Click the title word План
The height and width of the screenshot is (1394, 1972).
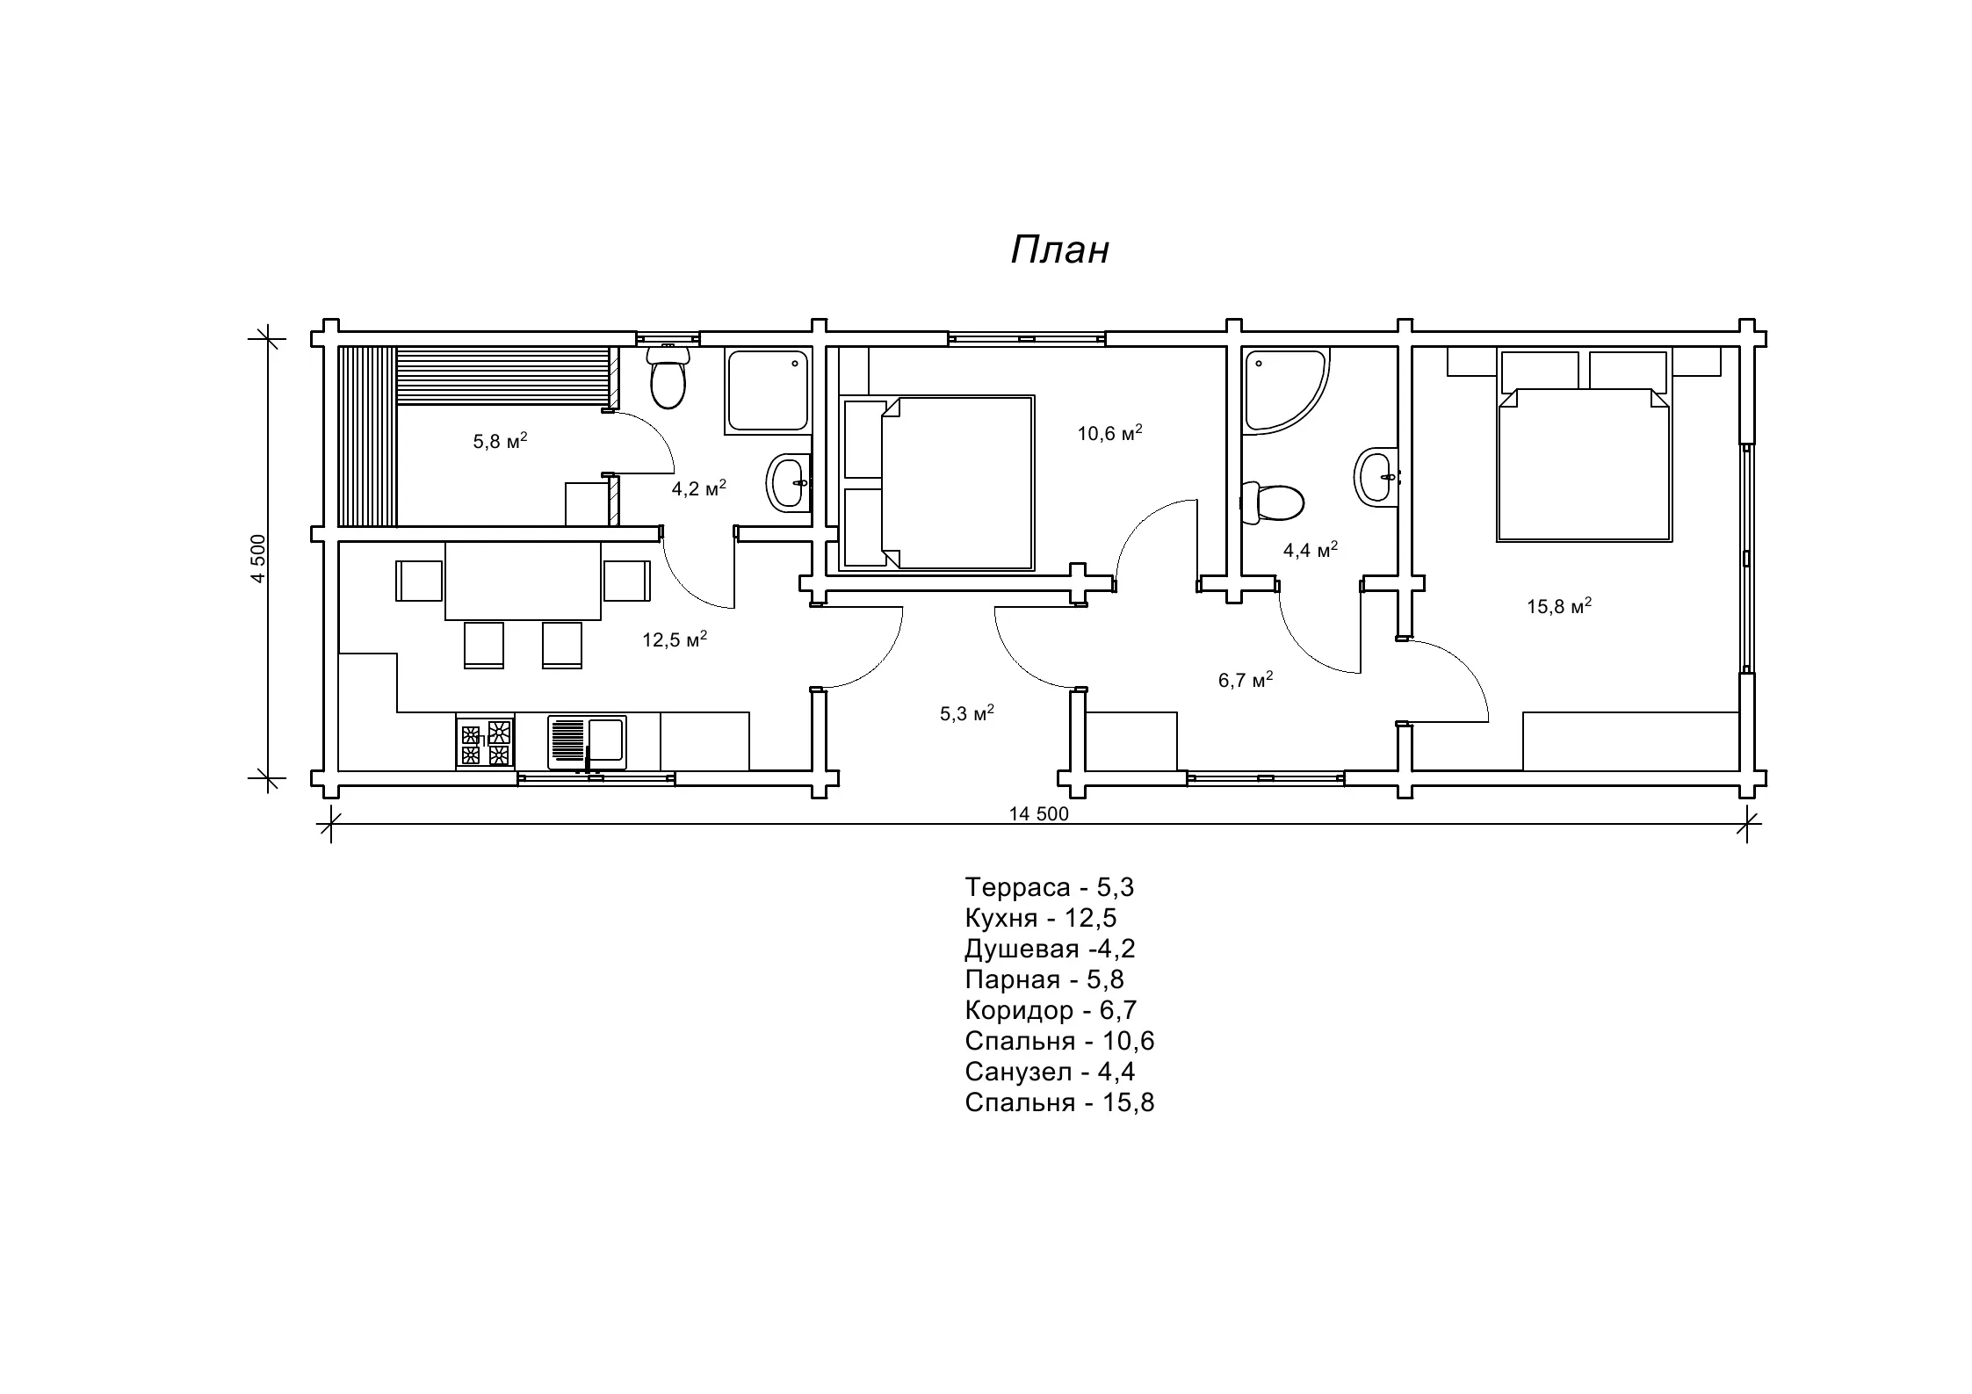1059,249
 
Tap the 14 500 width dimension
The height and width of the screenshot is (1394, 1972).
1039,814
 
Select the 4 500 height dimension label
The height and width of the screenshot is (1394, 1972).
257,559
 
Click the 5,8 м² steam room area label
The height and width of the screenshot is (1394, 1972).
501,440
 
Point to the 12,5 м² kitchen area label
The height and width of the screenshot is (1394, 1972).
675,639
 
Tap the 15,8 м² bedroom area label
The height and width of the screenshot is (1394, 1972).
1559,605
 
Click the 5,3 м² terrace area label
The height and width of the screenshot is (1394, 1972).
967,712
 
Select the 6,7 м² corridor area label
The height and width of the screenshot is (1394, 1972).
1246,679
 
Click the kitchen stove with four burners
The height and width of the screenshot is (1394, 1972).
486,743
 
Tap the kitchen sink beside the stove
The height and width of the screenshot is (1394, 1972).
587,742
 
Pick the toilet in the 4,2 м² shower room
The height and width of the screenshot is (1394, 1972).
668,377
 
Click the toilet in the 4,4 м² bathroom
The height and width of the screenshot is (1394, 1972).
1272,503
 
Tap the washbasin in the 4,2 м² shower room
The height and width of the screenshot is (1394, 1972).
789,482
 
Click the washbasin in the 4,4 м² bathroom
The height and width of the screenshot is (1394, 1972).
1376,477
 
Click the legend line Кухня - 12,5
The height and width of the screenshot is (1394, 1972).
1041,918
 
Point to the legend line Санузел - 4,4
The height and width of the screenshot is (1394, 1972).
1050,1072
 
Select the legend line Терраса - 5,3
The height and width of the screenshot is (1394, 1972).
1050,887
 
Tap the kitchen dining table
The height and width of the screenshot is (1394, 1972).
524,580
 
